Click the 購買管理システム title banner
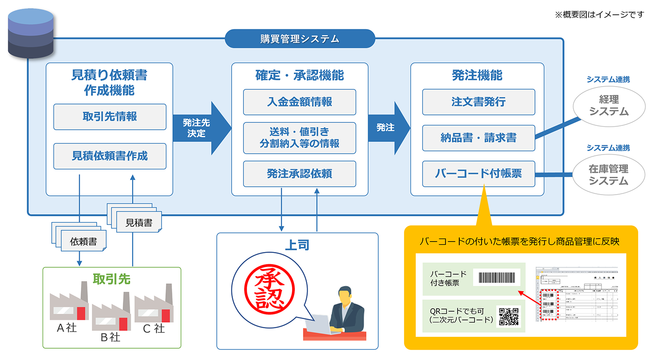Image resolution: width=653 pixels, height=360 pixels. point(300,39)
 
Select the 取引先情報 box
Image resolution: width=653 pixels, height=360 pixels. point(110,117)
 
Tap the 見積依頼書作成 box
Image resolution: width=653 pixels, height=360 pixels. point(110,156)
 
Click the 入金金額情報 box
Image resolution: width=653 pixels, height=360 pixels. point(300,102)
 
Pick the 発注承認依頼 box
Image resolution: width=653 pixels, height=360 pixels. point(300,174)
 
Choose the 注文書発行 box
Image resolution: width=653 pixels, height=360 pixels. point(478,102)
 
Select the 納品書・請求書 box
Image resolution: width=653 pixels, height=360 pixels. point(478,138)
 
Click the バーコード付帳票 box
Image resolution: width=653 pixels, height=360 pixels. point(478,174)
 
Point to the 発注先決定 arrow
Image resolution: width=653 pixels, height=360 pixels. point(200,128)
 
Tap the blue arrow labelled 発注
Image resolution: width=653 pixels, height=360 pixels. point(387,128)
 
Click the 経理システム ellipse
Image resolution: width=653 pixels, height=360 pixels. point(609,106)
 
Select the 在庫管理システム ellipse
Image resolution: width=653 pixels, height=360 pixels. point(608,175)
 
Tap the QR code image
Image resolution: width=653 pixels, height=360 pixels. point(508,316)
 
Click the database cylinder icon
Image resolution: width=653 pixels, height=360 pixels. point(30,34)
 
